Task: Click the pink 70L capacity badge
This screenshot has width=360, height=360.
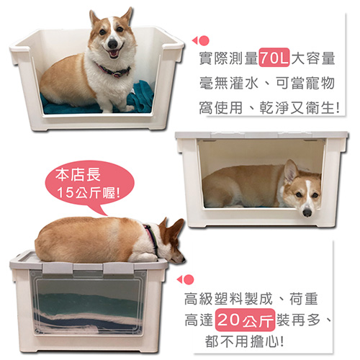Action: coord(274,58)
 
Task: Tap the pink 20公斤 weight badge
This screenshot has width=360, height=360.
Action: coord(245,320)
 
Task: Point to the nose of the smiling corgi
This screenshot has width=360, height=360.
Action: coord(112,44)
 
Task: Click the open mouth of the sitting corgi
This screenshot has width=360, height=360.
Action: coord(114,53)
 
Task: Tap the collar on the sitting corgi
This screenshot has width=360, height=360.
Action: coord(113,71)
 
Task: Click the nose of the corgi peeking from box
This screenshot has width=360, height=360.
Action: coord(307,212)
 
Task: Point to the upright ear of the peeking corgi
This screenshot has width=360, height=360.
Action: coord(290,171)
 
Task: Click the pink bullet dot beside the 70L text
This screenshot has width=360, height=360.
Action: coord(204,40)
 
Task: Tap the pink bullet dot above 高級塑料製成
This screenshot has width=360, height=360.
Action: coord(189,279)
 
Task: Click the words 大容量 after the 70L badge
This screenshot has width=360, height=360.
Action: coord(313,58)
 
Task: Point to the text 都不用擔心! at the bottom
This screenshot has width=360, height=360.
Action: coord(245,341)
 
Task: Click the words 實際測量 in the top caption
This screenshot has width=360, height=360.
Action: coord(228,58)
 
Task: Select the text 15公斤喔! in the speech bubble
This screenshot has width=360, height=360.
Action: coord(89,192)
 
